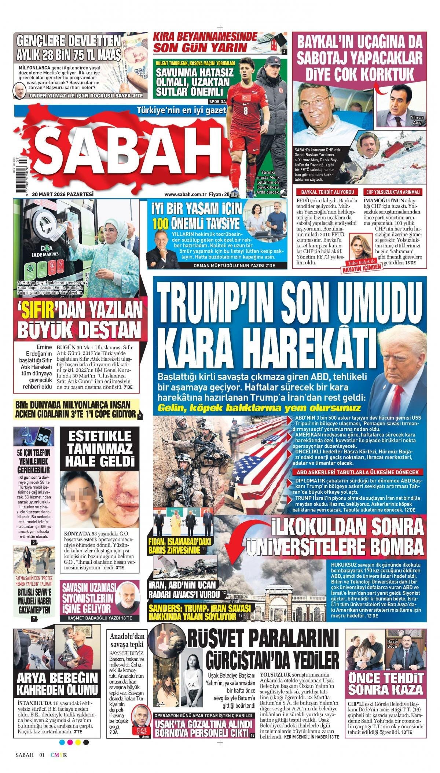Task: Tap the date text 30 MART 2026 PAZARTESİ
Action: click(x=63, y=194)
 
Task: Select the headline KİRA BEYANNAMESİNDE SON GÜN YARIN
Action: click(x=216, y=42)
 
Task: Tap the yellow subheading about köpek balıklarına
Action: click(x=259, y=408)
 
